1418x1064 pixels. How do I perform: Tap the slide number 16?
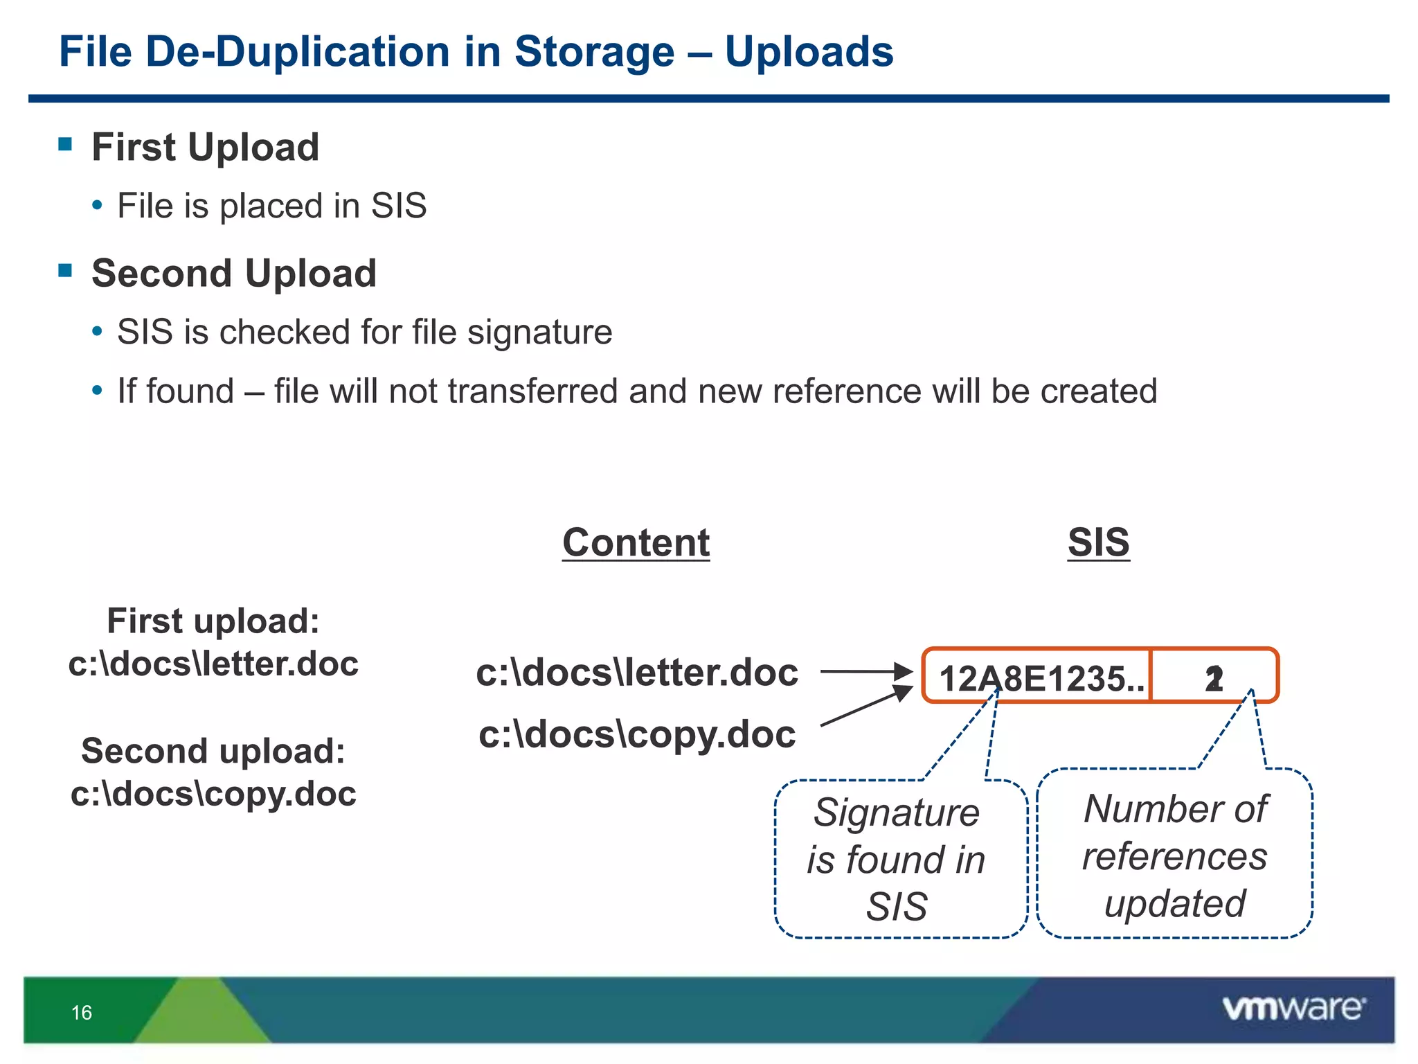coord(82,1013)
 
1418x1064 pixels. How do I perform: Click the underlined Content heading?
coord(636,542)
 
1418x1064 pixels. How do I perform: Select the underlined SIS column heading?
coord(1098,542)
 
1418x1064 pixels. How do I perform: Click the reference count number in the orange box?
coord(1214,679)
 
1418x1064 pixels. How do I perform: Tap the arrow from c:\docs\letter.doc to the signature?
coord(865,671)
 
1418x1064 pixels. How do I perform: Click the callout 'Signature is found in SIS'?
coord(897,859)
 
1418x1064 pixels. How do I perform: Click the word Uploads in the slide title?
coord(809,52)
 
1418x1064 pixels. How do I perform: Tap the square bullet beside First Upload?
coord(66,144)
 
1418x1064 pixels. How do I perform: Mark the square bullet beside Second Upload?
coord(66,270)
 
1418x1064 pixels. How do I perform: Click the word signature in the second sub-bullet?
coord(539,332)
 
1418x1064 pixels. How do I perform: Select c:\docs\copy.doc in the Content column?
coord(637,734)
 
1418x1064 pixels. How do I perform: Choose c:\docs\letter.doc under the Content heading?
coord(637,673)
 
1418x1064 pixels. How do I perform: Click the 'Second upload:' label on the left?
coord(213,751)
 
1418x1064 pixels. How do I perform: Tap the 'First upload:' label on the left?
coord(213,621)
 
